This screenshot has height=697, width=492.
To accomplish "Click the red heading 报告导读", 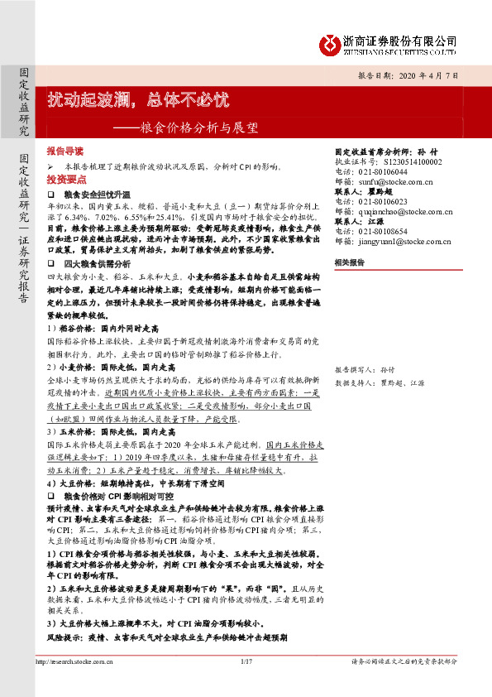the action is click(x=65, y=152).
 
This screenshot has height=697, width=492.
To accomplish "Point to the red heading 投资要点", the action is click(x=65, y=179).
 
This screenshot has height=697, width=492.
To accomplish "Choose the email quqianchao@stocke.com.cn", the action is click(x=400, y=209).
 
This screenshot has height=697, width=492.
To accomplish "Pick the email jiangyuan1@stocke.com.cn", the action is click(x=401, y=238).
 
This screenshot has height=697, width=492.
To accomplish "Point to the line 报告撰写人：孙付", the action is click(x=363, y=368).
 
